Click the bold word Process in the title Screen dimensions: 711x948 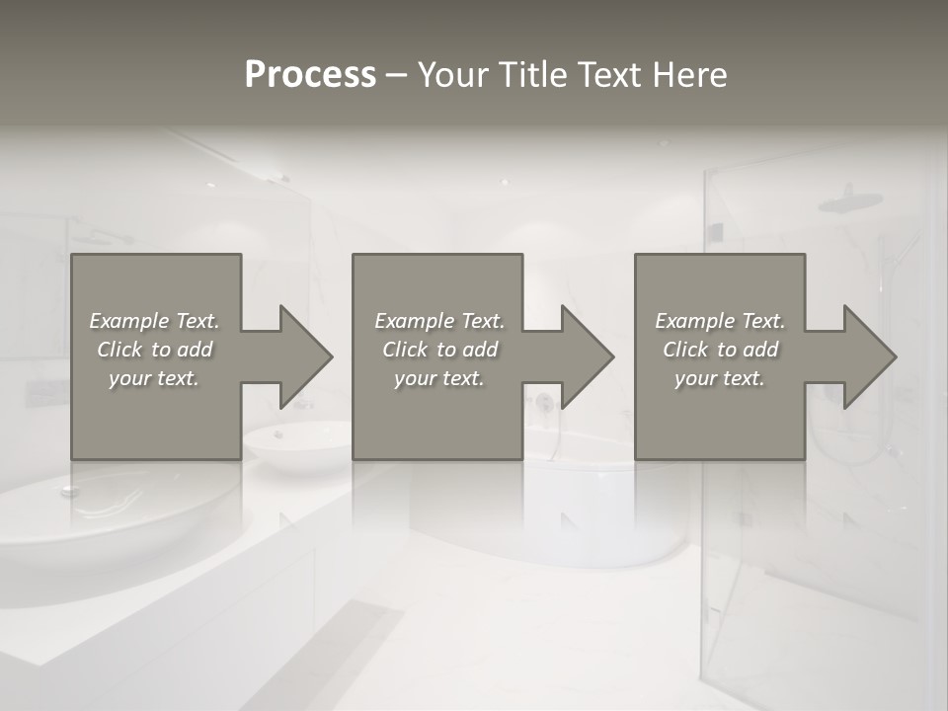tap(310, 75)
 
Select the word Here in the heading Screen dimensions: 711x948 tap(689, 75)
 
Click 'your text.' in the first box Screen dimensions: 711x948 tap(154, 378)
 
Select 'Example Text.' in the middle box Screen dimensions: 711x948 tap(439, 321)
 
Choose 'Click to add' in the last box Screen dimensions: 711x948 tap(721, 350)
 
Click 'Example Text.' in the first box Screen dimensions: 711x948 tap(154, 321)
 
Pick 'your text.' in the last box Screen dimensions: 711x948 tap(720, 378)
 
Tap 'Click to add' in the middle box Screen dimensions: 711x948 tap(439, 350)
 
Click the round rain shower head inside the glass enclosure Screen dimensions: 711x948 tap(849, 200)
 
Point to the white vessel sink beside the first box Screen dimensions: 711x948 tap(296, 440)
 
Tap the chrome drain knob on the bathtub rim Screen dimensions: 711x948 tap(70, 489)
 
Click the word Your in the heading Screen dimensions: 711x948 tap(453, 75)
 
